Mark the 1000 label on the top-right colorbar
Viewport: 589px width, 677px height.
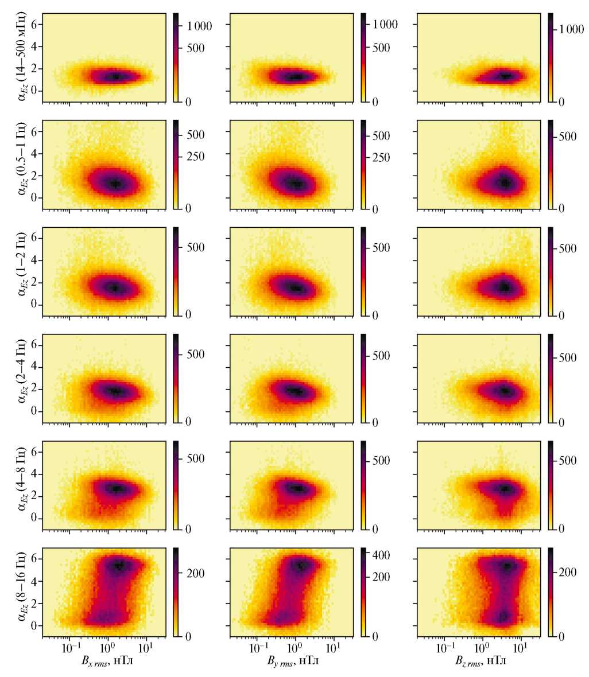tap(572, 31)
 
